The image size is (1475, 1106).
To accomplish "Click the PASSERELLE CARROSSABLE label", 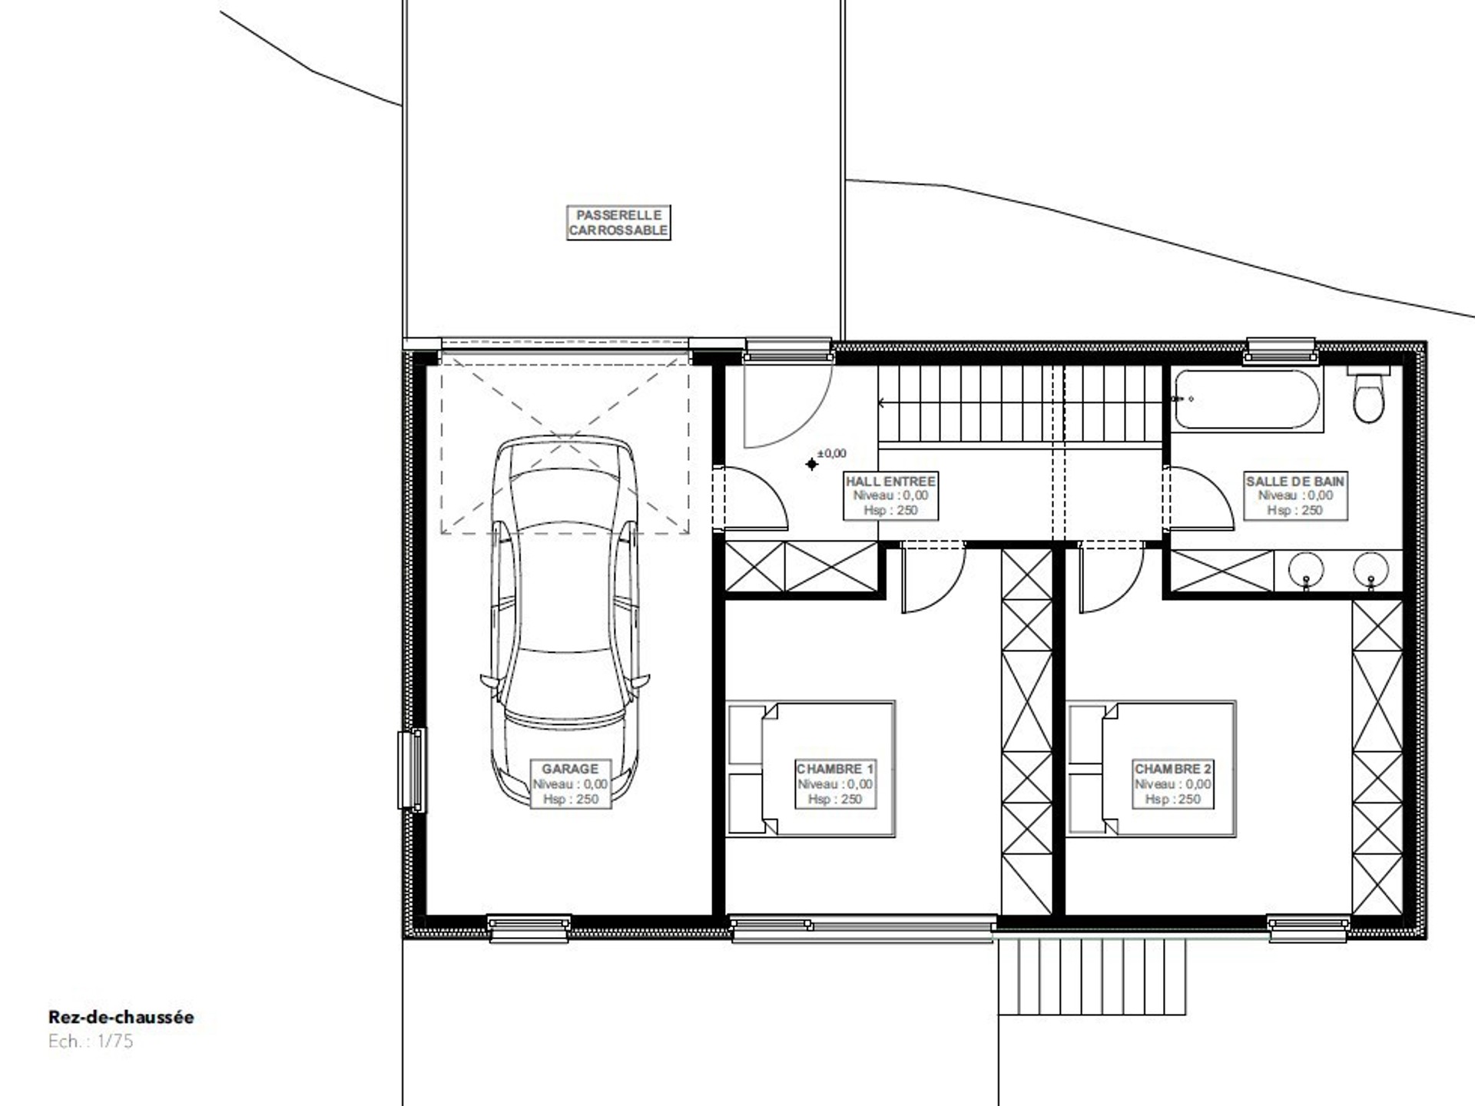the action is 618,223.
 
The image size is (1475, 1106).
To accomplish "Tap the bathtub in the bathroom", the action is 1246,399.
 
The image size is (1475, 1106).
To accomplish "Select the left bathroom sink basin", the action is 1306,570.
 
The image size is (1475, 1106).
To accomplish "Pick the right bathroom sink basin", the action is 1371,570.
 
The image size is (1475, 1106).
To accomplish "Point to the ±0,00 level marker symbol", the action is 812,464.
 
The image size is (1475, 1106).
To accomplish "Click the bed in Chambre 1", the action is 811,768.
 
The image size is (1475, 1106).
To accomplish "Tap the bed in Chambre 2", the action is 1152,768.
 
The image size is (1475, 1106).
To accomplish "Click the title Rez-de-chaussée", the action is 121,1018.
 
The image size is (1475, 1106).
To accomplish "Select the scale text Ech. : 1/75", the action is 91,1042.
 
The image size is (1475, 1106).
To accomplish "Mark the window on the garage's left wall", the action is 412,770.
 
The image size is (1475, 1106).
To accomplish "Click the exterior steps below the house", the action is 1092,976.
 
